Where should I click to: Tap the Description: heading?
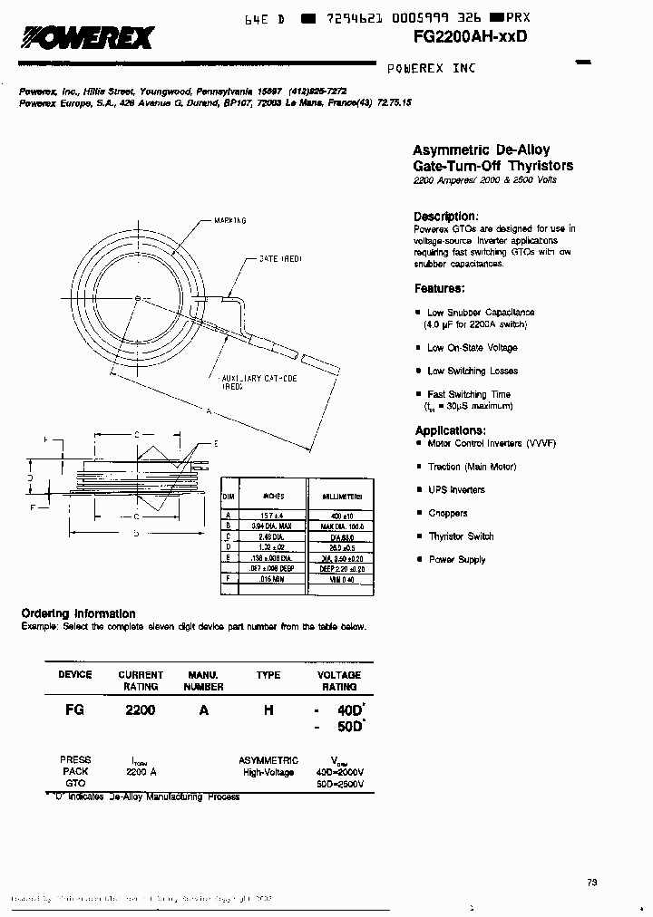pyautogui.click(x=445, y=217)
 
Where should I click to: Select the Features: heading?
pyautogui.click(x=440, y=288)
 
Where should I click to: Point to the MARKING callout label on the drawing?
pyautogui.click(x=231, y=220)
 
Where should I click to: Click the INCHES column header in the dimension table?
pyautogui.click(x=274, y=497)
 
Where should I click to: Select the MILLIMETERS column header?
pyautogui.click(x=343, y=497)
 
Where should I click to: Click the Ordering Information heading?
pyautogui.click(x=78, y=613)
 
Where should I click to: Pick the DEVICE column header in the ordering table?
pyautogui.click(x=74, y=675)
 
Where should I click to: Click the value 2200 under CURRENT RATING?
pyautogui.click(x=140, y=710)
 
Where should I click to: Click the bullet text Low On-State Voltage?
pyautogui.click(x=473, y=348)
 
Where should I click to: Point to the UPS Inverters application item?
pyautogui.click(x=456, y=489)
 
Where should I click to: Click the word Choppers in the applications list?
pyautogui.click(x=448, y=513)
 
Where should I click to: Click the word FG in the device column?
pyautogui.click(x=74, y=710)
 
